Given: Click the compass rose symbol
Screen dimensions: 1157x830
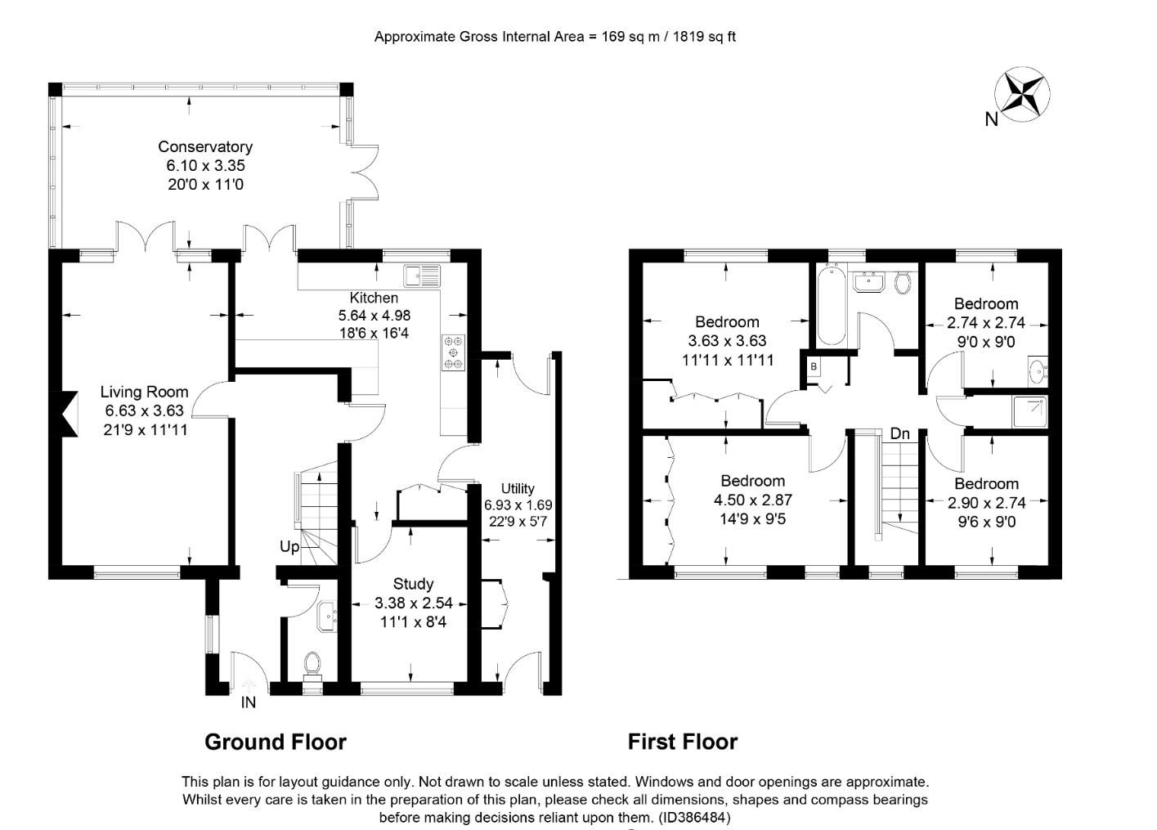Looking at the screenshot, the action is (x=1022, y=96).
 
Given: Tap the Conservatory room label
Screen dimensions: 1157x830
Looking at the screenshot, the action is (x=205, y=147).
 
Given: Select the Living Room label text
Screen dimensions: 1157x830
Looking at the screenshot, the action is (x=144, y=393).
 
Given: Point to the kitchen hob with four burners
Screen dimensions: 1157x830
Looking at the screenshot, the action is (x=453, y=352).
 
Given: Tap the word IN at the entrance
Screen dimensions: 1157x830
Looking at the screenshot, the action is (x=248, y=702).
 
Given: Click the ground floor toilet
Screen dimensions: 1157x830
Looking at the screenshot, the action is (x=312, y=663).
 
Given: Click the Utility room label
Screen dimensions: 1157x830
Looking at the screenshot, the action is (x=518, y=489).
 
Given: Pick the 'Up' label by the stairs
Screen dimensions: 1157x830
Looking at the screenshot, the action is (x=289, y=547).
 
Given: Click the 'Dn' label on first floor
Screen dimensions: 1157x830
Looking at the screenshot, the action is (x=899, y=434).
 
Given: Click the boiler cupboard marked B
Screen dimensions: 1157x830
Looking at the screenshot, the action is (x=814, y=367).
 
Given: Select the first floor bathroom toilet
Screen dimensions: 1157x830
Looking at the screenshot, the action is (x=903, y=283).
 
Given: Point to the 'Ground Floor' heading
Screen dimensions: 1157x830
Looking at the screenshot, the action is (x=276, y=742).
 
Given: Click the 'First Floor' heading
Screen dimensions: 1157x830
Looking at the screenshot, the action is (x=683, y=742).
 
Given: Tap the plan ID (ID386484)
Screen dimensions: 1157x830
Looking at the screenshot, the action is (x=693, y=817).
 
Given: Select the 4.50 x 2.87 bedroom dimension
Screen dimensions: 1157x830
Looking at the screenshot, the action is (x=753, y=500).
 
